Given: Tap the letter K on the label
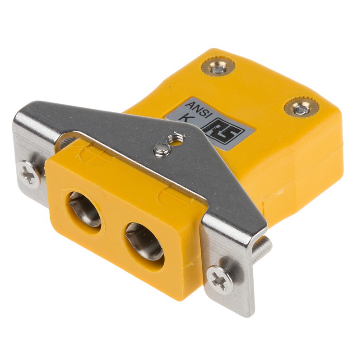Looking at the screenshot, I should tap(185, 118).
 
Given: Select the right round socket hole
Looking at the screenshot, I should tap(144, 241).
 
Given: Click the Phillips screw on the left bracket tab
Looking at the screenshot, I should tap(30, 173).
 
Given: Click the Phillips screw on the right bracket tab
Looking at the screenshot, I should tap(220, 280).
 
